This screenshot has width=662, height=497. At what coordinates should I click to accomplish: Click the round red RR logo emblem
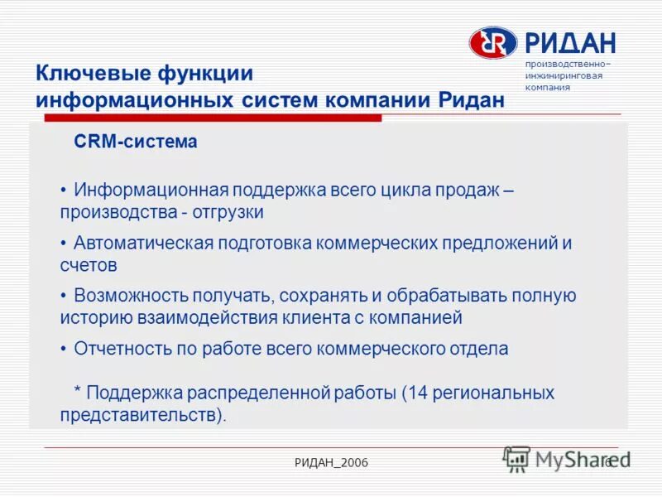pyautogui.click(x=493, y=42)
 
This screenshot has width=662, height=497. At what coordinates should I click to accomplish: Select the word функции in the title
pyautogui.click(x=204, y=73)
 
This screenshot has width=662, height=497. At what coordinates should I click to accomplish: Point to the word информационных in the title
pyautogui.click(x=132, y=100)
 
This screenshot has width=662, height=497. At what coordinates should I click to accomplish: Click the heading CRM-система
pyautogui.click(x=136, y=142)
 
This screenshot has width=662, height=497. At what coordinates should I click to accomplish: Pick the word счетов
pyautogui.click(x=89, y=266)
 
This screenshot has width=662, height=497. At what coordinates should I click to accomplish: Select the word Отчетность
pyautogui.click(x=121, y=349)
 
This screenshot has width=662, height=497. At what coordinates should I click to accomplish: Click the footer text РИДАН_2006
pyautogui.click(x=330, y=461)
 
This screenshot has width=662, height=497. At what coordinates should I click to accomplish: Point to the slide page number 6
pyautogui.click(x=607, y=461)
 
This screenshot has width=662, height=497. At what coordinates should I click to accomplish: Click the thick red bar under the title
pyautogui.click(x=207, y=118)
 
